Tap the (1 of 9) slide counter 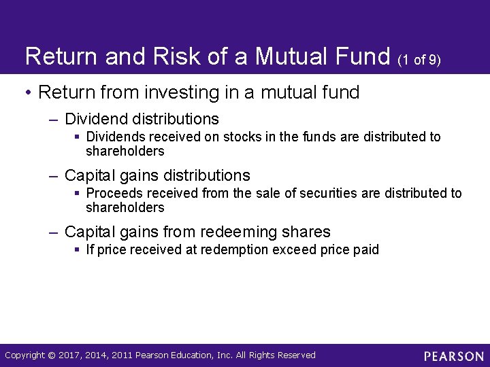[420, 60]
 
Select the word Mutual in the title [297, 56]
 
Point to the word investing [173, 92]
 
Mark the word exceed [291, 249]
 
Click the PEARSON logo [453, 355]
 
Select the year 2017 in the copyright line [70, 355]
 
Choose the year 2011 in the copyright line [122, 355]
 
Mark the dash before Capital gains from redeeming [54, 232]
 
